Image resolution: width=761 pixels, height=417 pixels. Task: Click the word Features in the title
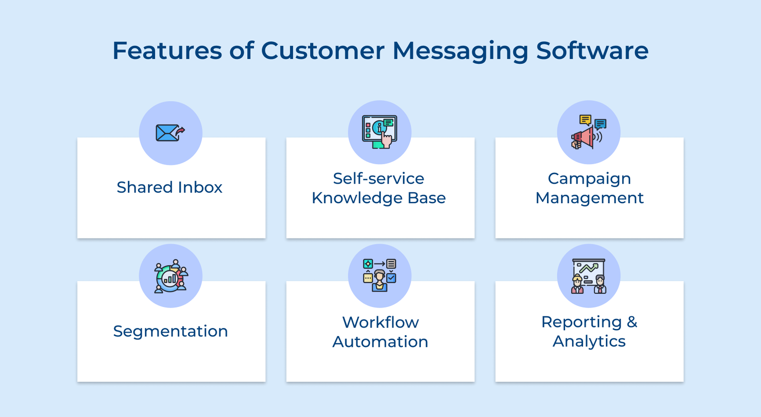(167, 50)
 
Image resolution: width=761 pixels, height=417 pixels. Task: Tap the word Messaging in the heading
(460, 50)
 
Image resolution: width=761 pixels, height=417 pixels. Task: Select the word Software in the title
(592, 50)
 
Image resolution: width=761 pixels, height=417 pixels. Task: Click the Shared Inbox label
(170, 188)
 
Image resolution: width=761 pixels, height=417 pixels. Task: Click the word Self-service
(379, 179)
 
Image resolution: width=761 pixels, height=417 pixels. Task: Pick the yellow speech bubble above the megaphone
(585, 120)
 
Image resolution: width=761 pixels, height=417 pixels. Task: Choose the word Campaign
(589, 179)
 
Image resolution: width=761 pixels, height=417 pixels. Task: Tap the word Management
(589, 198)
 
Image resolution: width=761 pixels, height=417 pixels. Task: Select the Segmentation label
(171, 331)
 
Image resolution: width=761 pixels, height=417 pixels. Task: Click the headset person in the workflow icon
(380, 280)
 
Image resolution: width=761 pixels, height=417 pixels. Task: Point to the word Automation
(380, 342)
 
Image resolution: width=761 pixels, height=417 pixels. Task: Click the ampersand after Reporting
(632, 322)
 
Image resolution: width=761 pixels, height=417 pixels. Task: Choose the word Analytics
(589, 342)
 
